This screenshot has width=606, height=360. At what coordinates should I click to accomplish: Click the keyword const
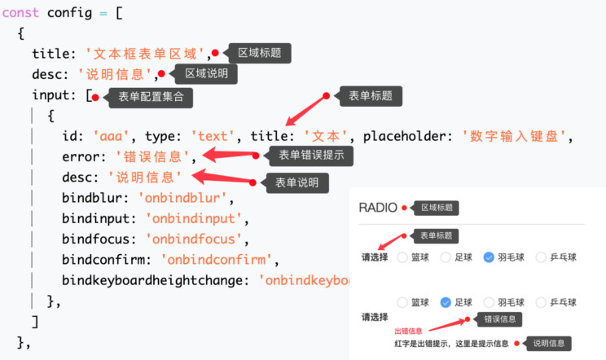pyautogui.click(x=22, y=12)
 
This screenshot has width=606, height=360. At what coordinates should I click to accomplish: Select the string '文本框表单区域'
pyautogui.click(x=147, y=54)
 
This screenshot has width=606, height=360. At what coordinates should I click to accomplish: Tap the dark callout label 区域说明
pyautogui.click(x=207, y=73)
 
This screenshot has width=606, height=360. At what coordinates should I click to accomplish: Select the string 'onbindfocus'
pyautogui.click(x=195, y=239)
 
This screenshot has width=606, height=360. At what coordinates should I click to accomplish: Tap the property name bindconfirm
pyautogui.click(x=107, y=260)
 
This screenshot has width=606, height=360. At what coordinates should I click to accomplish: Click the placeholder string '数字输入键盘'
pyautogui.click(x=517, y=135)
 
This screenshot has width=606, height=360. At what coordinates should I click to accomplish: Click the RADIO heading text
pyautogui.click(x=377, y=208)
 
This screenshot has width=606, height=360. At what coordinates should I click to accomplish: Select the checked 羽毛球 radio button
pyautogui.click(x=489, y=257)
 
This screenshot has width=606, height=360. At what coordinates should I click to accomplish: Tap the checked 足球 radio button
pyautogui.click(x=446, y=302)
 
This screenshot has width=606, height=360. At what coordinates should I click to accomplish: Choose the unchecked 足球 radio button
pyautogui.click(x=446, y=257)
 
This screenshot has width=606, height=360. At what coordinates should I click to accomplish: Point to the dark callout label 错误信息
pyautogui.click(x=498, y=319)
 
